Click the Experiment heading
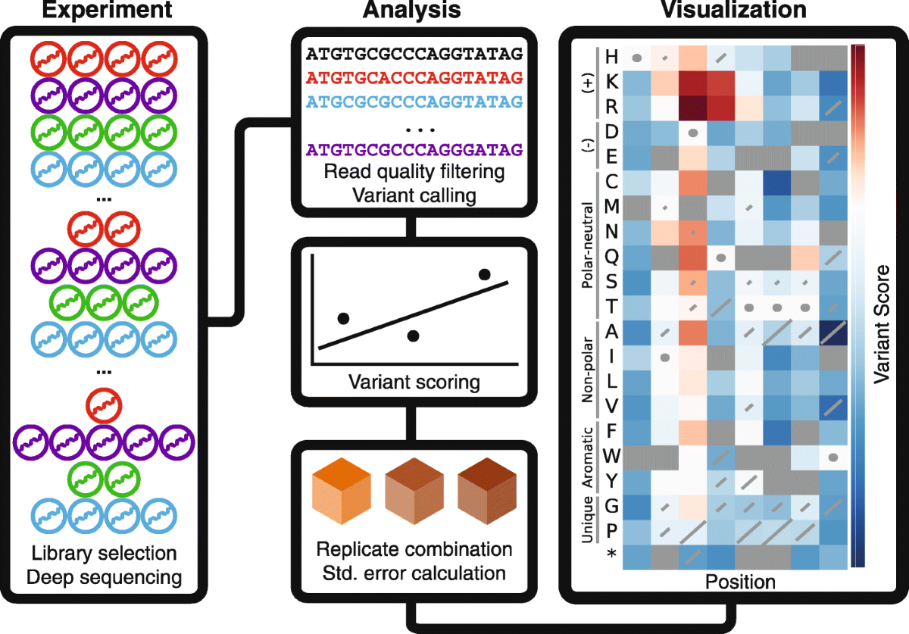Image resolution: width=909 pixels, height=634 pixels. pos(106,11)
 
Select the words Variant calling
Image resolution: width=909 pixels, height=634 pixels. pos(414,195)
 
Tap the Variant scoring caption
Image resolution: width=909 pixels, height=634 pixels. pos(414,381)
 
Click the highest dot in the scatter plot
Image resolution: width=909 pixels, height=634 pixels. pos(485,274)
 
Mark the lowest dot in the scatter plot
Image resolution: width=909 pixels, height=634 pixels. pos(413,335)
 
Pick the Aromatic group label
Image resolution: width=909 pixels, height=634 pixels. pos(587,458)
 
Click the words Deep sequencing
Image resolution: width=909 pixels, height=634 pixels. pos(105,577)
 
